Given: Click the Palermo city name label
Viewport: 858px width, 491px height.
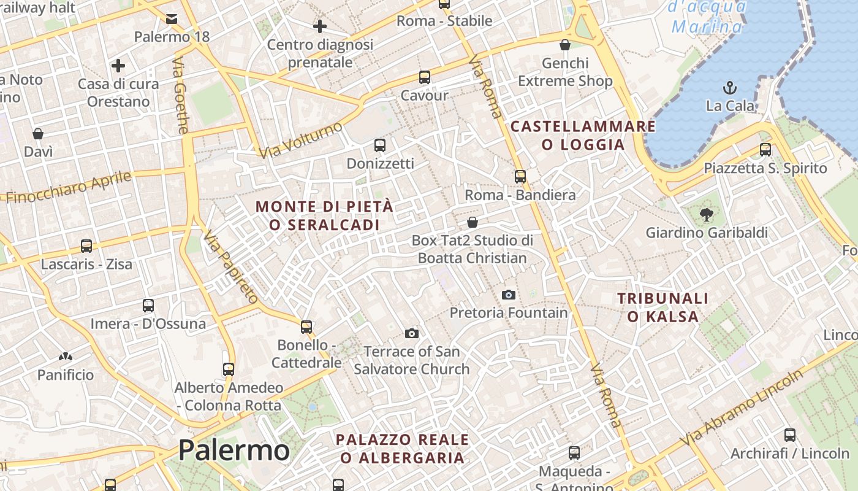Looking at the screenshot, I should point(233,450).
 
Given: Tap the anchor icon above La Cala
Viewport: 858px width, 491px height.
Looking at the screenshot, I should point(730,87).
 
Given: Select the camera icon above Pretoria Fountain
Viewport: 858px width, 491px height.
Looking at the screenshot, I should point(509,295).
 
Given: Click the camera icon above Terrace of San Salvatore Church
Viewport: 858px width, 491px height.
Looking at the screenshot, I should point(412,333).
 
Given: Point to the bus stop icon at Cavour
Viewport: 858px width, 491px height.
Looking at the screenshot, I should point(425,77).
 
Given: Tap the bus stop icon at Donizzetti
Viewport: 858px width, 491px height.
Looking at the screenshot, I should point(380,145).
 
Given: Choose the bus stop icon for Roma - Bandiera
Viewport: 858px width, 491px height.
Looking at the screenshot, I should point(520,177).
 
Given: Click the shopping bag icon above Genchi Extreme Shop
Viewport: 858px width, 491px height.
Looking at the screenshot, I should point(565,45).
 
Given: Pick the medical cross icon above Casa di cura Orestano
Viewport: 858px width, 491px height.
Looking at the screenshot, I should point(118,66).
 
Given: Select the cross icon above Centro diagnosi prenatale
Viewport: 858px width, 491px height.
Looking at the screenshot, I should point(319,26).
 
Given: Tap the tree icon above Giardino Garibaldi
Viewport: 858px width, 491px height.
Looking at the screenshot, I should point(707,215).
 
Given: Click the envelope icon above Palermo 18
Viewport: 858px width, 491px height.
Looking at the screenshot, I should point(172,19).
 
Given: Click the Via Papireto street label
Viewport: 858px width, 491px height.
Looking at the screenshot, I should point(232,268).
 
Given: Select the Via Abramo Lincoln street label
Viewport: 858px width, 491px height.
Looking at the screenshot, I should point(742,408).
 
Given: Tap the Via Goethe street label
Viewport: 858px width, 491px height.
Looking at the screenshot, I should point(181,95).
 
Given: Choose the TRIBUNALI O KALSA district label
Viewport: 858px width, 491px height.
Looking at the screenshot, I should point(662,307).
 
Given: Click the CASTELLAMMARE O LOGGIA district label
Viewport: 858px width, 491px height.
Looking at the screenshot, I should point(583,136).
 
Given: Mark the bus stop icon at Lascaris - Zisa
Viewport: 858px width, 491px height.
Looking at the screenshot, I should point(86,246).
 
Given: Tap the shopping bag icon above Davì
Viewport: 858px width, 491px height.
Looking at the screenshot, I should point(38,134).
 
